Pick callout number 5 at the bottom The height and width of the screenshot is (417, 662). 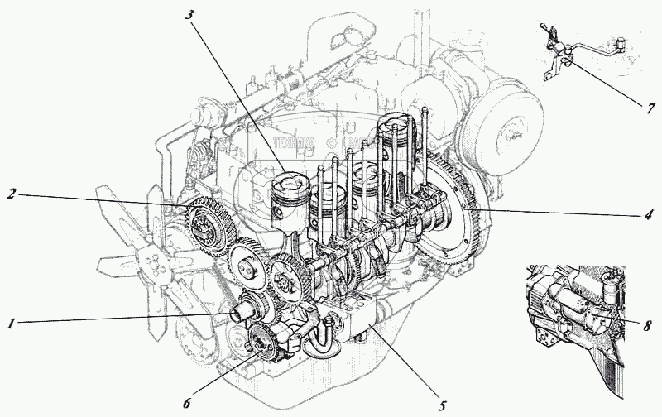[443, 405]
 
